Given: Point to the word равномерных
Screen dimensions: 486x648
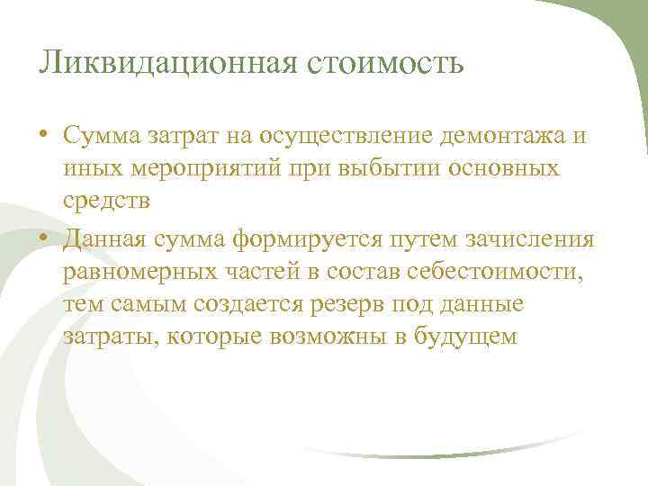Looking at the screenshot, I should (x=147, y=272).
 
